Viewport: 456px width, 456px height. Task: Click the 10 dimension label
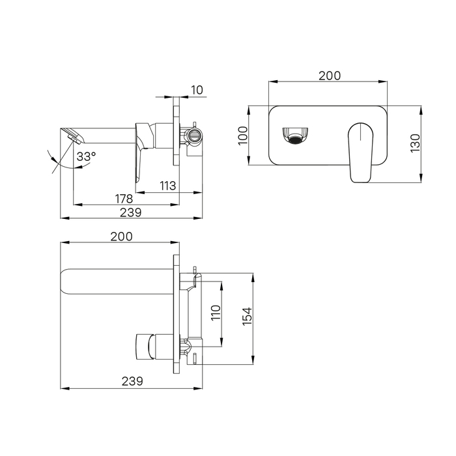(x=197, y=90)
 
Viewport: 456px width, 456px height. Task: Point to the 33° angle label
(x=87, y=156)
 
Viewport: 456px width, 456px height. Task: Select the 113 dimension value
(x=168, y=185)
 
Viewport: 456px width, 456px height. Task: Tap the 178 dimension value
(x=124, y=199)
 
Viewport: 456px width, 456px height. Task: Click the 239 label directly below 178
(x=130, y=212)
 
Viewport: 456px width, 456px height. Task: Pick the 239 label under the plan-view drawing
(x=132, y=381)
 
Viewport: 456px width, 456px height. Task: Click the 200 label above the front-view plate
(x=330, y=76)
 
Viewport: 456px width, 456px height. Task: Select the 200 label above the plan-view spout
(x=121, y=236)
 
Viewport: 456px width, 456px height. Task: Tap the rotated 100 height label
(x=243, y=135)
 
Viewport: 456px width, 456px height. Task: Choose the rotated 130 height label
(x=416, y=143)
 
